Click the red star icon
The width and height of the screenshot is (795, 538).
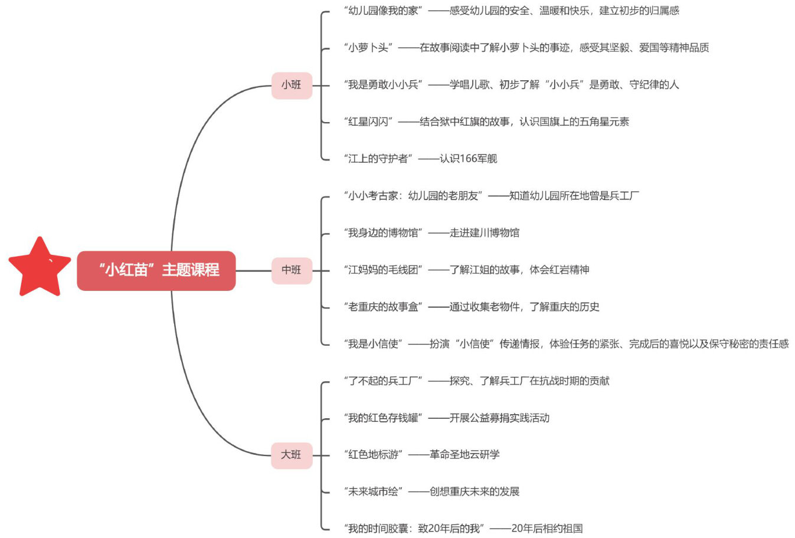39,268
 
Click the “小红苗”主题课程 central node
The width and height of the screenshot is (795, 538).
156,270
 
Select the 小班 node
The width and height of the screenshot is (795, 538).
292,85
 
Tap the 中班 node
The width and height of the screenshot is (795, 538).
292,270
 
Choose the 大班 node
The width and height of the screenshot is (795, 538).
292,455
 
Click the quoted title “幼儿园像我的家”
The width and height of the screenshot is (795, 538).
383,11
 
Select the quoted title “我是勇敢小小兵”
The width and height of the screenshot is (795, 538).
383,85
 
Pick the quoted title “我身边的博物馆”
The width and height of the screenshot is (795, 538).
383,233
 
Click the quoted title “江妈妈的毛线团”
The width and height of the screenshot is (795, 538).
383,270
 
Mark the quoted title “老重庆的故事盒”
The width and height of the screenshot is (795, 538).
383,307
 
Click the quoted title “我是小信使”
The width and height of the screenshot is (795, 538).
373,344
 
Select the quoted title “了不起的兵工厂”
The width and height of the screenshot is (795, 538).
383,381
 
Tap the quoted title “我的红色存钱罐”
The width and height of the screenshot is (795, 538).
383,418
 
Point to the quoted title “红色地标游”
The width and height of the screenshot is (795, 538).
373,455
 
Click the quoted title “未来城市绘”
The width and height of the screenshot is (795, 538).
373,492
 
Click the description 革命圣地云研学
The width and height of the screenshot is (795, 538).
464,455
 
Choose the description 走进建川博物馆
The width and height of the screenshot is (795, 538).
485,233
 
